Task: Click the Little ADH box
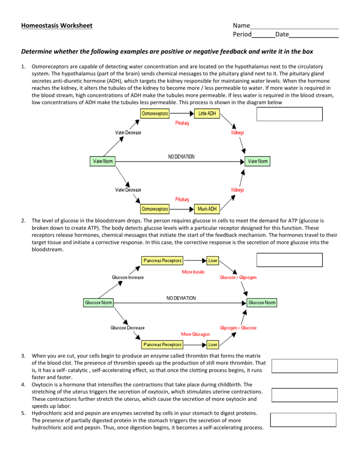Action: click(x=207, y=114)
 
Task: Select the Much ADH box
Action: click(x=207, y=209)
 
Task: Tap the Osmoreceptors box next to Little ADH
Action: click(x=155, y=114)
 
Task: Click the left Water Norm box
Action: click(x=103, y=161)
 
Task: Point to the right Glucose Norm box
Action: click(x=262, y=303)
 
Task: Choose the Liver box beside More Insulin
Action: click(x=213, y=261)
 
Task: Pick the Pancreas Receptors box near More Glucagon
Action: click(x=162, y=344)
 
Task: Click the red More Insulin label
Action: click(x=193, y=272)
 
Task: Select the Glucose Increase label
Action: click(x=128, y=277)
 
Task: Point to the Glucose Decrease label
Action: click(x=128, y=328)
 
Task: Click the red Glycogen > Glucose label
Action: click(x=238, y=328)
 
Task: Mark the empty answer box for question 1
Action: click(x=289, y=114)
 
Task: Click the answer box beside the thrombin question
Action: click(x=304, y=366)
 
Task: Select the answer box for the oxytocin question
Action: click(x=304, y=395)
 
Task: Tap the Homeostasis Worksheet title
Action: click(x=56, y=25)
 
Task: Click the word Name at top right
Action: click(x=241, y=25)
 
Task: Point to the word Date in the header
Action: click(x=282, y=34)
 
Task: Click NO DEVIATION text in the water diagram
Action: click(x=181, y=157)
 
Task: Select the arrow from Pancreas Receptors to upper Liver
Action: click(x=195, y=261)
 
